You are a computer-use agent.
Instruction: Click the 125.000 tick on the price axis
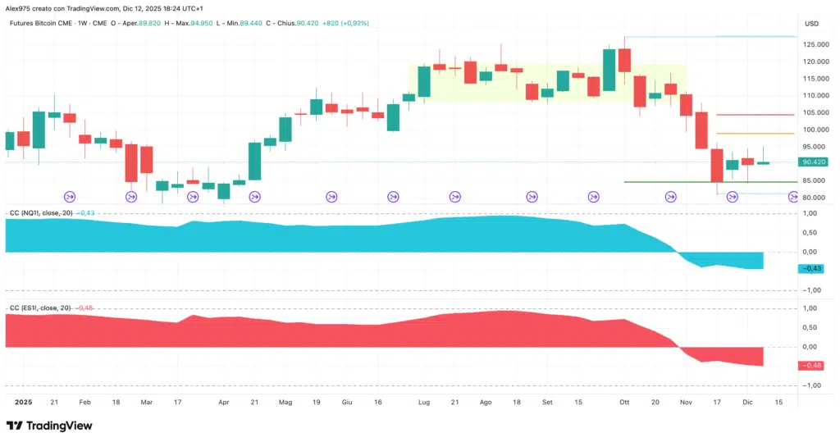point(815,43)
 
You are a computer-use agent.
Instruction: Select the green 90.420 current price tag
point(816,162)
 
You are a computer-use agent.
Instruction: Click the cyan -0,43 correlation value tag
point(815,268)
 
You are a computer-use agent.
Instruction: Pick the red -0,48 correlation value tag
point(815,365)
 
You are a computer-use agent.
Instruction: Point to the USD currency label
point(812,23)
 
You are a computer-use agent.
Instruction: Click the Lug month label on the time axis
point(424,403)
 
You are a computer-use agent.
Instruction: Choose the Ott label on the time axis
point(624,403)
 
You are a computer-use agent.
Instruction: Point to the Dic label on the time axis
point(747,403)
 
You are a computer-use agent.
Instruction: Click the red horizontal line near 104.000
point(755,115)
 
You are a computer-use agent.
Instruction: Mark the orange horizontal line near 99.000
point(755,133)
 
